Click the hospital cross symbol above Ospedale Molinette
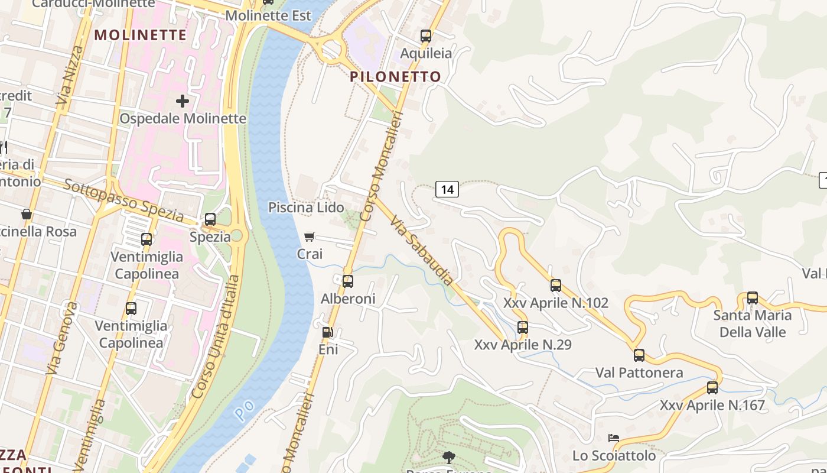[183, 101]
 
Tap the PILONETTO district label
[395, 76]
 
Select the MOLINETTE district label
[141, 35]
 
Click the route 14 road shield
[447, 189]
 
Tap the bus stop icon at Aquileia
[426, 35]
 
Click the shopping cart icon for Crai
[309, 237]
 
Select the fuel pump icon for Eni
[327, 332]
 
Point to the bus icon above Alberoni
[348, 281]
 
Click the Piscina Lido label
[306, 208]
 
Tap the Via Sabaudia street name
[422, 250]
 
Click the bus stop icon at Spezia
[210, 219]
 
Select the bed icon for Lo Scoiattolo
[614, 438]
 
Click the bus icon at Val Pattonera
[639, 355]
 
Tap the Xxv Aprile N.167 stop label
[712, 406]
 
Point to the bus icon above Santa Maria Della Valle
[752, 298]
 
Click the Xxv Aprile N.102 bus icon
[556, 286]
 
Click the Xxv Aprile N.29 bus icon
[523, 327]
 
